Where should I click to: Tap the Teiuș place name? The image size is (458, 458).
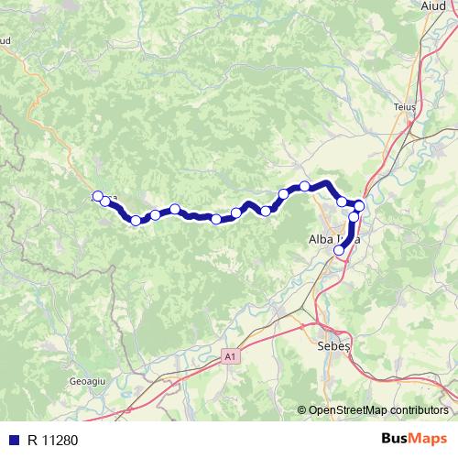pos(404,105)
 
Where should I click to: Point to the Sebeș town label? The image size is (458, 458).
pos(332,349)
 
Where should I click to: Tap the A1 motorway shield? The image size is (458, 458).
pos(228,355)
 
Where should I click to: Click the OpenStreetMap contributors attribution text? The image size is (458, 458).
pos(376,410)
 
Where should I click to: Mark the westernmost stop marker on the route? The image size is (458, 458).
pos(98,197)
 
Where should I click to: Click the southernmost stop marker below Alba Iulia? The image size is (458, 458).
pos(340,249)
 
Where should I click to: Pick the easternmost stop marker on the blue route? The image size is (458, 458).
pos(360,206)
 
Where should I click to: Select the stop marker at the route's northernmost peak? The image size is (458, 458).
pos(305,187)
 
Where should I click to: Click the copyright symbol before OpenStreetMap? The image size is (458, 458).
pos(302,410)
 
